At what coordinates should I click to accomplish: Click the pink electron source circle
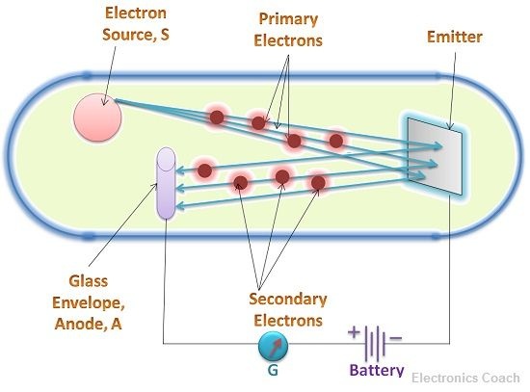coord(97,118)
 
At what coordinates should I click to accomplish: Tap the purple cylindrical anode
coord(166,183)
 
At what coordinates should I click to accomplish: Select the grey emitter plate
coord(435,156)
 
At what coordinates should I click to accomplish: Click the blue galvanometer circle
coord(273,346)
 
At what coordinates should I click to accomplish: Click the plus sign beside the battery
coord(354,332)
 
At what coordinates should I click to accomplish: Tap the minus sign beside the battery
coord(396,338)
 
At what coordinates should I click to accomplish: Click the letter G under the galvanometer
coord(273,370)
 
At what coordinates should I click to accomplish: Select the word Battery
coord(377,370)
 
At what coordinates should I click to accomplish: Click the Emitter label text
coord(455,37)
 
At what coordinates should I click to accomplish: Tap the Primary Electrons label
coord(288,30)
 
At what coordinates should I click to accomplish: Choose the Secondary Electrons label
coord(288,309)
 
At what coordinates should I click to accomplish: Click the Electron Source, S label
coord(136,24)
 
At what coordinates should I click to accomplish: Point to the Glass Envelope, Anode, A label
coord(89,302)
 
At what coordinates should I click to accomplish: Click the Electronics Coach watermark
coord(465,378)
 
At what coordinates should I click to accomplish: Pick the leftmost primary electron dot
coord(217,118)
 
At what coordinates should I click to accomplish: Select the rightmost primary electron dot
coord(336,141)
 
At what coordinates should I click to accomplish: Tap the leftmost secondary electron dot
coord(205,170)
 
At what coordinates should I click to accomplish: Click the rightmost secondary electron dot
coord(318,183)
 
